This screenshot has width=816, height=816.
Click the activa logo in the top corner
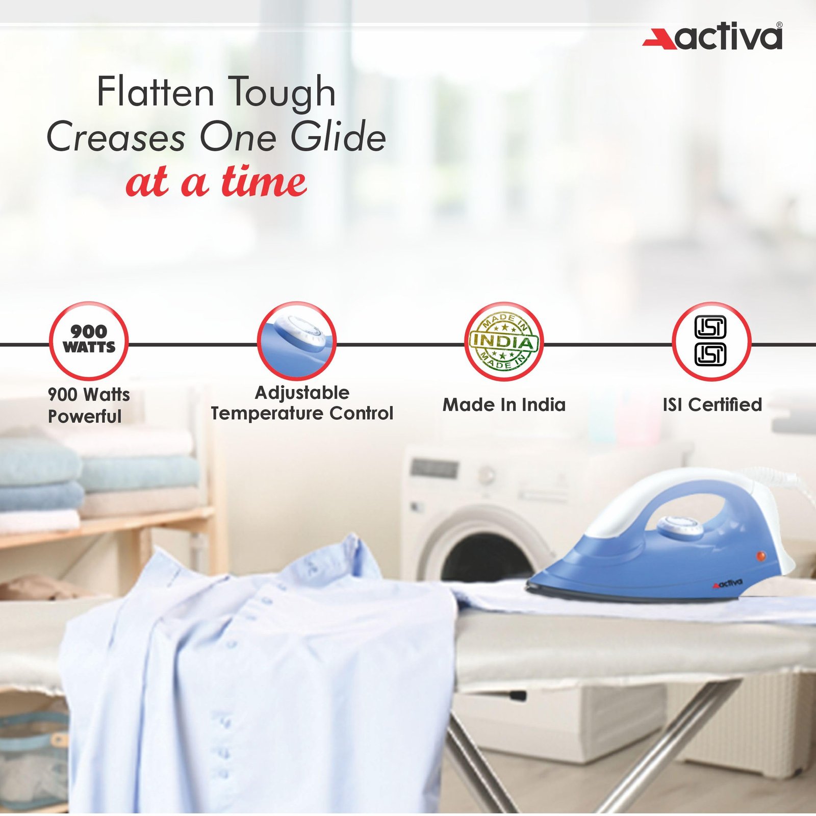tap(712, 36)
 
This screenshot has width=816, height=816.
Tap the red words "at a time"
tap(216, 182)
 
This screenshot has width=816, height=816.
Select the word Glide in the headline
tap(338, 137)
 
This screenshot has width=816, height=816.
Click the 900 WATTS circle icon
tap(89, 340)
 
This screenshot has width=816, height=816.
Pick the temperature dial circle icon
tap(296, 340)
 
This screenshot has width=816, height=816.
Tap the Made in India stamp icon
tap(504, 341)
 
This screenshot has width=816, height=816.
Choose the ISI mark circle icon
tap(711, 341)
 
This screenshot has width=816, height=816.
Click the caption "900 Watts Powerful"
tap(89, 405)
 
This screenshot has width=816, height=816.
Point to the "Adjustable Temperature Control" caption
tap(302, 403)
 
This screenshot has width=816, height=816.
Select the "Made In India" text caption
tap(504, 405)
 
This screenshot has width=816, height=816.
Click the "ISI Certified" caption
tap(712, 404)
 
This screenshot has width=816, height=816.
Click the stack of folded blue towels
tap(97, 479)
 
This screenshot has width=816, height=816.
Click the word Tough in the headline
tap(281, 93)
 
